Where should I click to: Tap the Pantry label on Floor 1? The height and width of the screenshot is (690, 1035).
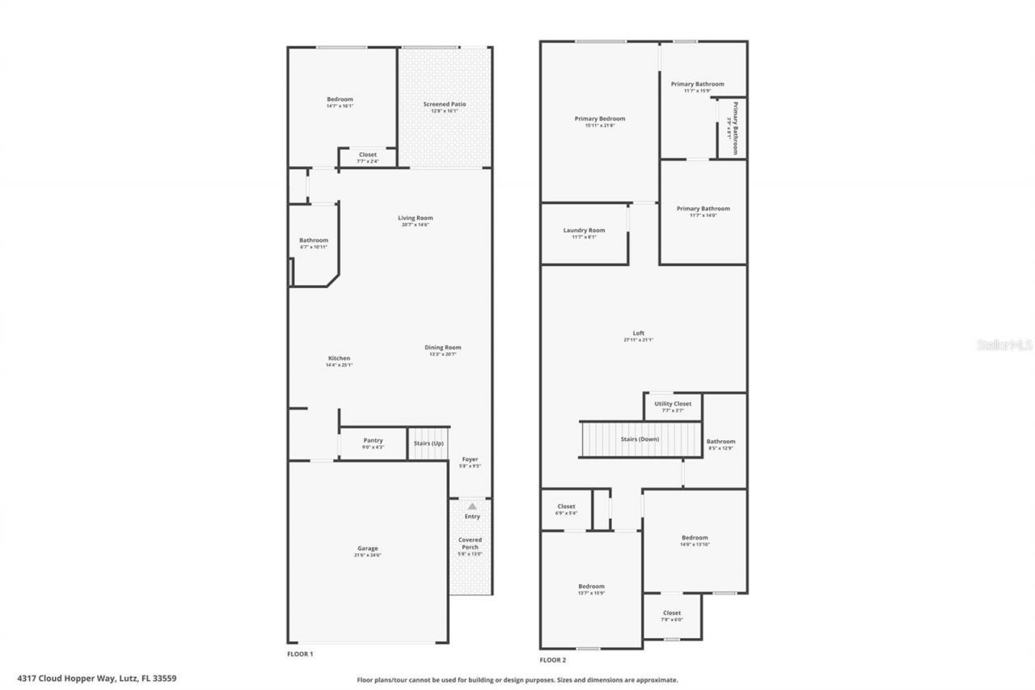[373, 440]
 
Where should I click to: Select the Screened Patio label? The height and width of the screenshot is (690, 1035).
[444, 104]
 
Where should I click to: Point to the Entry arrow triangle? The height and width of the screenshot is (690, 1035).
[472, 506]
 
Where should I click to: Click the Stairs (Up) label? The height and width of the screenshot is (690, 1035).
[428, 443]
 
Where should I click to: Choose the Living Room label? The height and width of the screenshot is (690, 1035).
[415, 218]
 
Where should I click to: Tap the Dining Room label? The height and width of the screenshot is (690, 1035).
[443, 347]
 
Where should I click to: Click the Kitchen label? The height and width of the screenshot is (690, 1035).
[339, 358]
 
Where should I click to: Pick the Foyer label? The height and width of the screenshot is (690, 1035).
[470, 459]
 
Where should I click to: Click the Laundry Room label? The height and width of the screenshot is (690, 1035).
[584, 231]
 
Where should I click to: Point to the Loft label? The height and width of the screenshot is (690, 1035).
[639, 333]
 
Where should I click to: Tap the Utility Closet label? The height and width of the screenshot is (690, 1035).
[673, 404]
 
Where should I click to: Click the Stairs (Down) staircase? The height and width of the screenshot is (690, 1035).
[639, 439]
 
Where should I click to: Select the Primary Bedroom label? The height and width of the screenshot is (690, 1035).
[600, 119]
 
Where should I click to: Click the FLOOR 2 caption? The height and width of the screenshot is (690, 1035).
[553, 659]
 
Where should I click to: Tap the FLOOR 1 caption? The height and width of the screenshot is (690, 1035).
[300, 654]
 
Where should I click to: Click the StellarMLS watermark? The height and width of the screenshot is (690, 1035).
[1005, 345]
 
